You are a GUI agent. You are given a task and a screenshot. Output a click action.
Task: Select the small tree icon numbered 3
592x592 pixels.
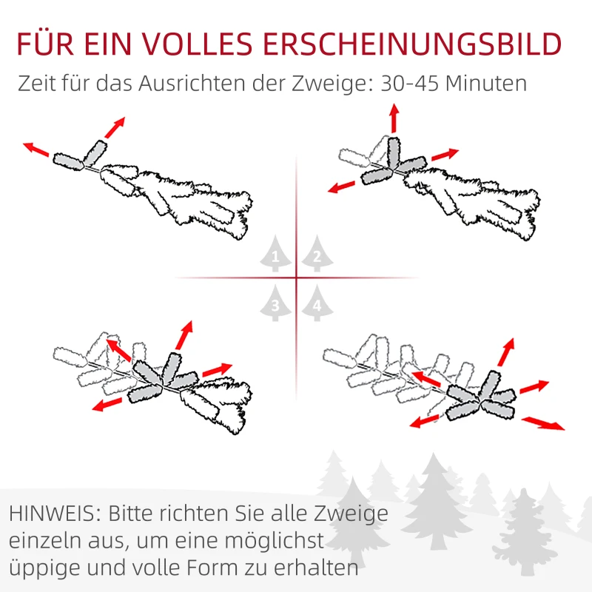pyautogui.click(x=275, y=304)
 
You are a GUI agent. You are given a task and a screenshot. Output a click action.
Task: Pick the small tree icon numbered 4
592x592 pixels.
pyautogui.click(x=317, y=304)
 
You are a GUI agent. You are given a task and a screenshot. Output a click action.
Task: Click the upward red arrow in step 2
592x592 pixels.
pyautogui.click(x=394, y=118)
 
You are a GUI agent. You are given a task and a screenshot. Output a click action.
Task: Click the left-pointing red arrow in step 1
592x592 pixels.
pyautogui.click(x=36, y=149)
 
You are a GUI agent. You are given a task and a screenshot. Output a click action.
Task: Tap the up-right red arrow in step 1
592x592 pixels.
pyautogui.click(x=114, y=127)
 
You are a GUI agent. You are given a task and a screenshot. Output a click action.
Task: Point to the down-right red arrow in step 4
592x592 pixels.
pyautogui.click(x=543, y=423)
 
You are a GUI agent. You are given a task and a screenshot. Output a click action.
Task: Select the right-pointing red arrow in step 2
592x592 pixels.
pyautogui.click(x=445, y=155)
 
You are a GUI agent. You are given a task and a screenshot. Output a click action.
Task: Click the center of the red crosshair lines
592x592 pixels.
pyautogui.click(x=296, y=278)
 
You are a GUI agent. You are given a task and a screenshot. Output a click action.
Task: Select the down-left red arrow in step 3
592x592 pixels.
pyautogui.click(x=108, y=403)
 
